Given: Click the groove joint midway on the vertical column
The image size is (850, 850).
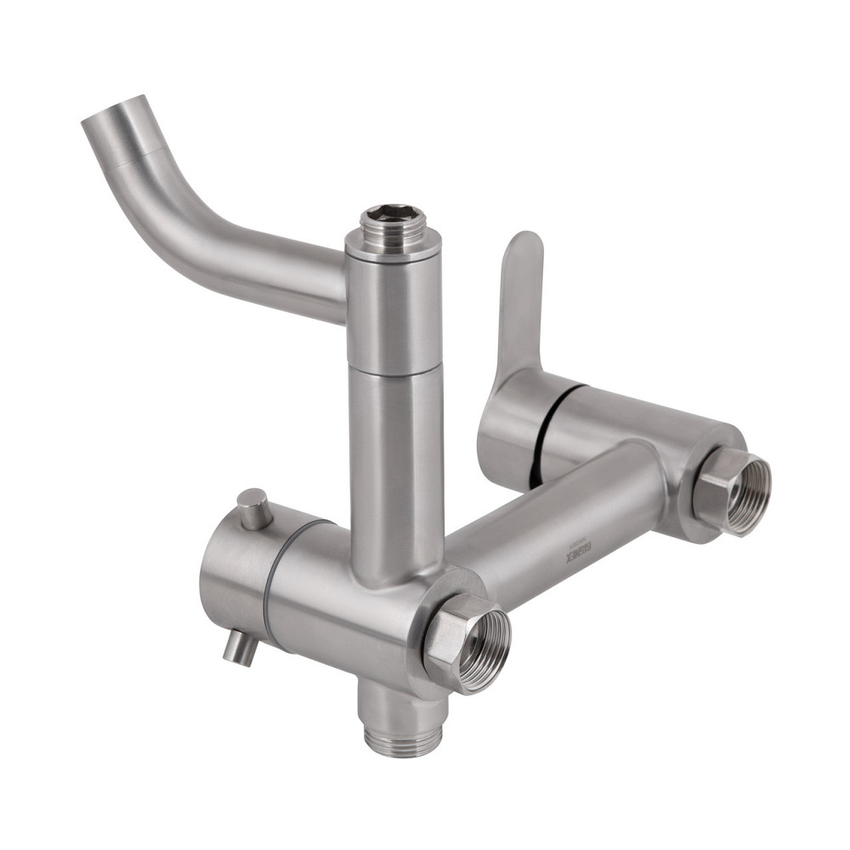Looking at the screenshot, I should [x=393, y=372].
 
